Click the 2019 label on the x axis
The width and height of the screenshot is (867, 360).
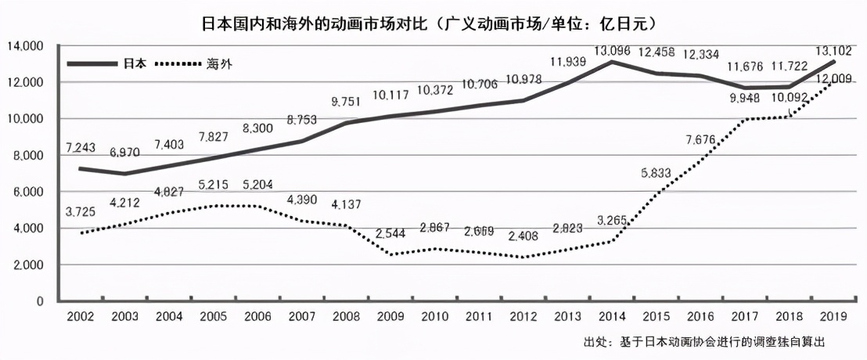tap(832, 315)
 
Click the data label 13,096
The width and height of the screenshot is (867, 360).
tap(611, 51)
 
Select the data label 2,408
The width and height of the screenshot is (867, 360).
tap(522, 236)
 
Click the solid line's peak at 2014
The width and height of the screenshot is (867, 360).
tap(610, 62)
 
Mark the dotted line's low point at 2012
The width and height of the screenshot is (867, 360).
tap(522, 257)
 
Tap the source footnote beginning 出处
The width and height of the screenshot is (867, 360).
tap(704, 343)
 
